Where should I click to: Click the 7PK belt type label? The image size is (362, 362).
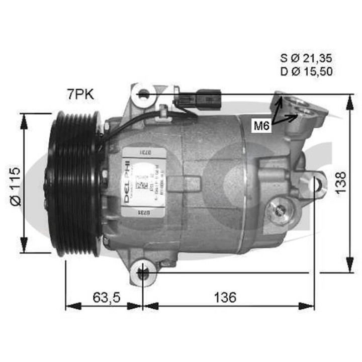pos(80,94)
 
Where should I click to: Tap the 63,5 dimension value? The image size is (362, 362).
pos(106,297)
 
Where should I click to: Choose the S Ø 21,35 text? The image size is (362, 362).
pos(307,58)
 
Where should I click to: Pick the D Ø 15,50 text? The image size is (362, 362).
pos(307,71)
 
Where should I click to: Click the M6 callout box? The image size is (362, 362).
pos(261,126)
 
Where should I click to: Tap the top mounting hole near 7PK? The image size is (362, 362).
pos(144,93)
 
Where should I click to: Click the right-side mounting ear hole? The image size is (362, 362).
pos(318,185)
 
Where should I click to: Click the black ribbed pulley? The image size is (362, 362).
pos(75,184)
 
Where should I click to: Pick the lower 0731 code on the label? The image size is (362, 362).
pos(145,213)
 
